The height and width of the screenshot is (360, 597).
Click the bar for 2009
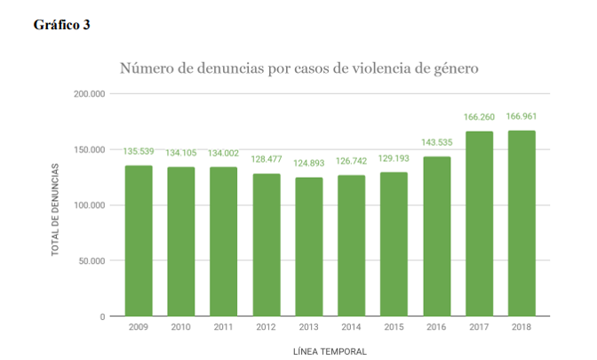pos(138,241)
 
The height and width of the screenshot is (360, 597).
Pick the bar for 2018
pos(521,223)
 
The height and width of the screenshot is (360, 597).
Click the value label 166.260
pos(479,116)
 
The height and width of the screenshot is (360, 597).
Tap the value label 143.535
pos(436,142)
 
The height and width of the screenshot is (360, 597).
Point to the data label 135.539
pos(138,151)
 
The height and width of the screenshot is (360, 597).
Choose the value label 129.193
pos(394,158)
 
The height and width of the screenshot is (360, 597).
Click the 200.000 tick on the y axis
pos(91,93)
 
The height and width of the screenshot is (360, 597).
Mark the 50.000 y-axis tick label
pos(93,260)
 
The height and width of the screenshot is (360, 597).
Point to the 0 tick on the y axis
pos(103,316)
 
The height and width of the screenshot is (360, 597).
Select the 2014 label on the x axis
pos(351,327)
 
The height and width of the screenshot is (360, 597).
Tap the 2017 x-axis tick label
pos(479,327)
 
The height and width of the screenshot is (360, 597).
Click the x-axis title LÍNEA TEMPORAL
pos(330,351)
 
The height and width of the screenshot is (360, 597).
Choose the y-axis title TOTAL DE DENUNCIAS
pos(54,210)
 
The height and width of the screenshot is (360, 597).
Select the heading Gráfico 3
pos(62,25)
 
